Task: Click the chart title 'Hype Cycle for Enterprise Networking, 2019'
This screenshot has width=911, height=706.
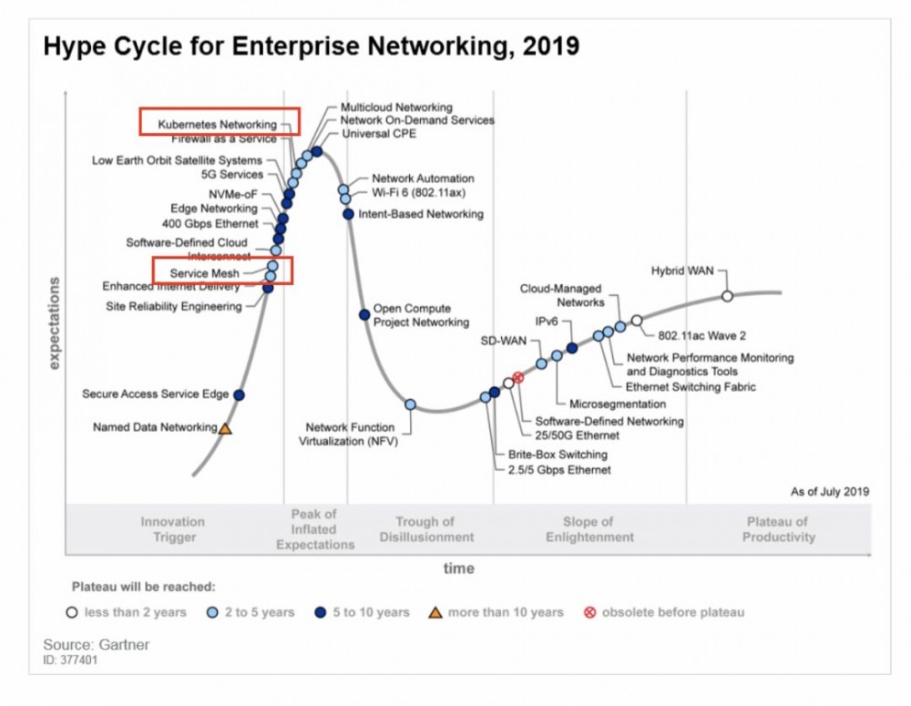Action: pos(311,46)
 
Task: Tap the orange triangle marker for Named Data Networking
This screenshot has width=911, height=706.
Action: pos(225,427)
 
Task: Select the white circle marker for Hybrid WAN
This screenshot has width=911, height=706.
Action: pos(727,296)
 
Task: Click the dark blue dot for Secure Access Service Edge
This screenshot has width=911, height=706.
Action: pos(239,394)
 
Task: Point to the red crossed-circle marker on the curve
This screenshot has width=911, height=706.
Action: pos(518,377)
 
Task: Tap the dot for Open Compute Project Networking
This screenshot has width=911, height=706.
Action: pos(364,314)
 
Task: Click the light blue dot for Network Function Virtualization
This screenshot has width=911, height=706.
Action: pos(410,404)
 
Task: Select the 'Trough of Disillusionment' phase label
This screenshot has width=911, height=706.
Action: pos(425,529)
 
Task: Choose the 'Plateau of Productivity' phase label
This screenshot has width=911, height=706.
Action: pos(777,529)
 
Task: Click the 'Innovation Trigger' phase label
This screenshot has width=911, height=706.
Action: pos(173,529)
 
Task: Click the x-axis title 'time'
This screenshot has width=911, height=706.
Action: pos(459,568)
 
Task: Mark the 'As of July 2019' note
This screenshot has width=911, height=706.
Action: pos(830,492)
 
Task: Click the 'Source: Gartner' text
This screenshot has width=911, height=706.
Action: pos(96,645)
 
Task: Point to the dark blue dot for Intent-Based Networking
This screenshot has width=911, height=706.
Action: pos(348,214)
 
